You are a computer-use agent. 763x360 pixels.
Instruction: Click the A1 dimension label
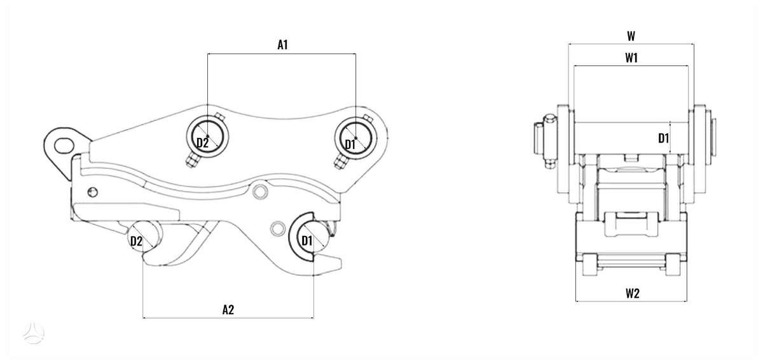[282, 45]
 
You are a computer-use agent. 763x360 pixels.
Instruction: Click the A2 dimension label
[228, 310]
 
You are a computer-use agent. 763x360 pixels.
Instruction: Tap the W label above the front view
[631, 36]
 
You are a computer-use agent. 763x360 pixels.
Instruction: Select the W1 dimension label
[631, 58]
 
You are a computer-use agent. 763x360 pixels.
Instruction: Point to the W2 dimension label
[632, 293]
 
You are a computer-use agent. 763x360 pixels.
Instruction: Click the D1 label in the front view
[663, 138]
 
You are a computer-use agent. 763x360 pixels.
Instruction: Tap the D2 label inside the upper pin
[202, 142]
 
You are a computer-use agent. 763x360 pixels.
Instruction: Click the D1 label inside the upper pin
[350, 144]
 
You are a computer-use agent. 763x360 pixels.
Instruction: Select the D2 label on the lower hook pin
[136, 241]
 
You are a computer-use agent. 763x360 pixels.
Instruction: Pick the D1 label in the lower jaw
[307, 241]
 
